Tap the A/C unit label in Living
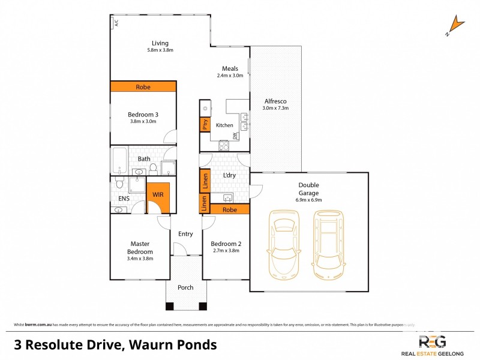tap(116, 23)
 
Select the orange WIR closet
tap(158, 195)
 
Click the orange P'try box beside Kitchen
tap(204, 125)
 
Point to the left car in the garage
tap(284, 244)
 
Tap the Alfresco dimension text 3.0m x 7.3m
tap(275, 109)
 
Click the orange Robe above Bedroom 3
tap(143, 87)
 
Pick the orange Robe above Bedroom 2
tap(229, 210)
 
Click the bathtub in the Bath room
tap(118, 160)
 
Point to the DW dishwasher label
tap(236, 136)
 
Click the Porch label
tap(185, 287)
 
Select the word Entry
tap(185, 233)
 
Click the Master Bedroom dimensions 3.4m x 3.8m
tap(140, 259)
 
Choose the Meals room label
tap(230, 68)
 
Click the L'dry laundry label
tap(229, 175)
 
